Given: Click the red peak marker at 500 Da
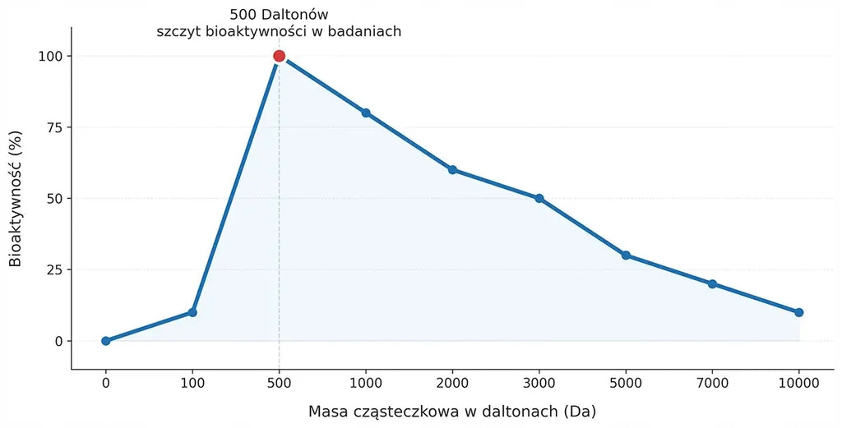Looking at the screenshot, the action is [279, 56].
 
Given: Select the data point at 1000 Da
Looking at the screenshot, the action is [366, 113].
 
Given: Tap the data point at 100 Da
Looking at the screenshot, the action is [192, 312].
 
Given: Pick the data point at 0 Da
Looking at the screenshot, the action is [106, 341].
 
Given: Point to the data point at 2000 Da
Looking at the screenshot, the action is [453, 169].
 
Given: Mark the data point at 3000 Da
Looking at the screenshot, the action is [539, 198].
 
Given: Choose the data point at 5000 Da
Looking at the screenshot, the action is [626, 255].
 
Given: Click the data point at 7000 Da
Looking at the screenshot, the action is [712, 283].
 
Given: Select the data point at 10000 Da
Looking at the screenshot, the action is [799, 312].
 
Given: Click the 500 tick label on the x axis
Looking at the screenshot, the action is [279, 383].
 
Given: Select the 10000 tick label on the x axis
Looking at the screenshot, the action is [799, 383].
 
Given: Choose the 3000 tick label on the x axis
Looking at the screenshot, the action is [539, 383].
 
